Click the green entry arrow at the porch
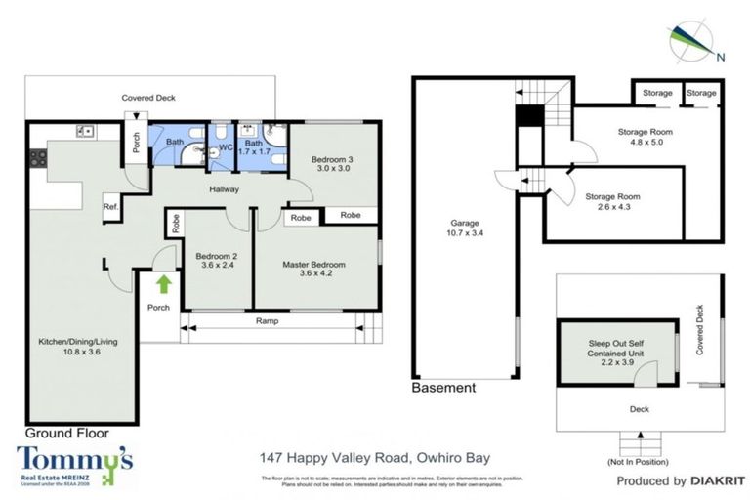click(163, 284)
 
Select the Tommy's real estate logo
click(74, 464)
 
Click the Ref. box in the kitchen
click(109, 207)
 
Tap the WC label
click(224, 147)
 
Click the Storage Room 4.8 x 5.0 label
click(645, 138)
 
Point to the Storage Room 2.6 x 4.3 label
click(612, 202)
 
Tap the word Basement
click(443, 388)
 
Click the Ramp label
click(268, 320)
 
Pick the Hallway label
click(225, 189)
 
